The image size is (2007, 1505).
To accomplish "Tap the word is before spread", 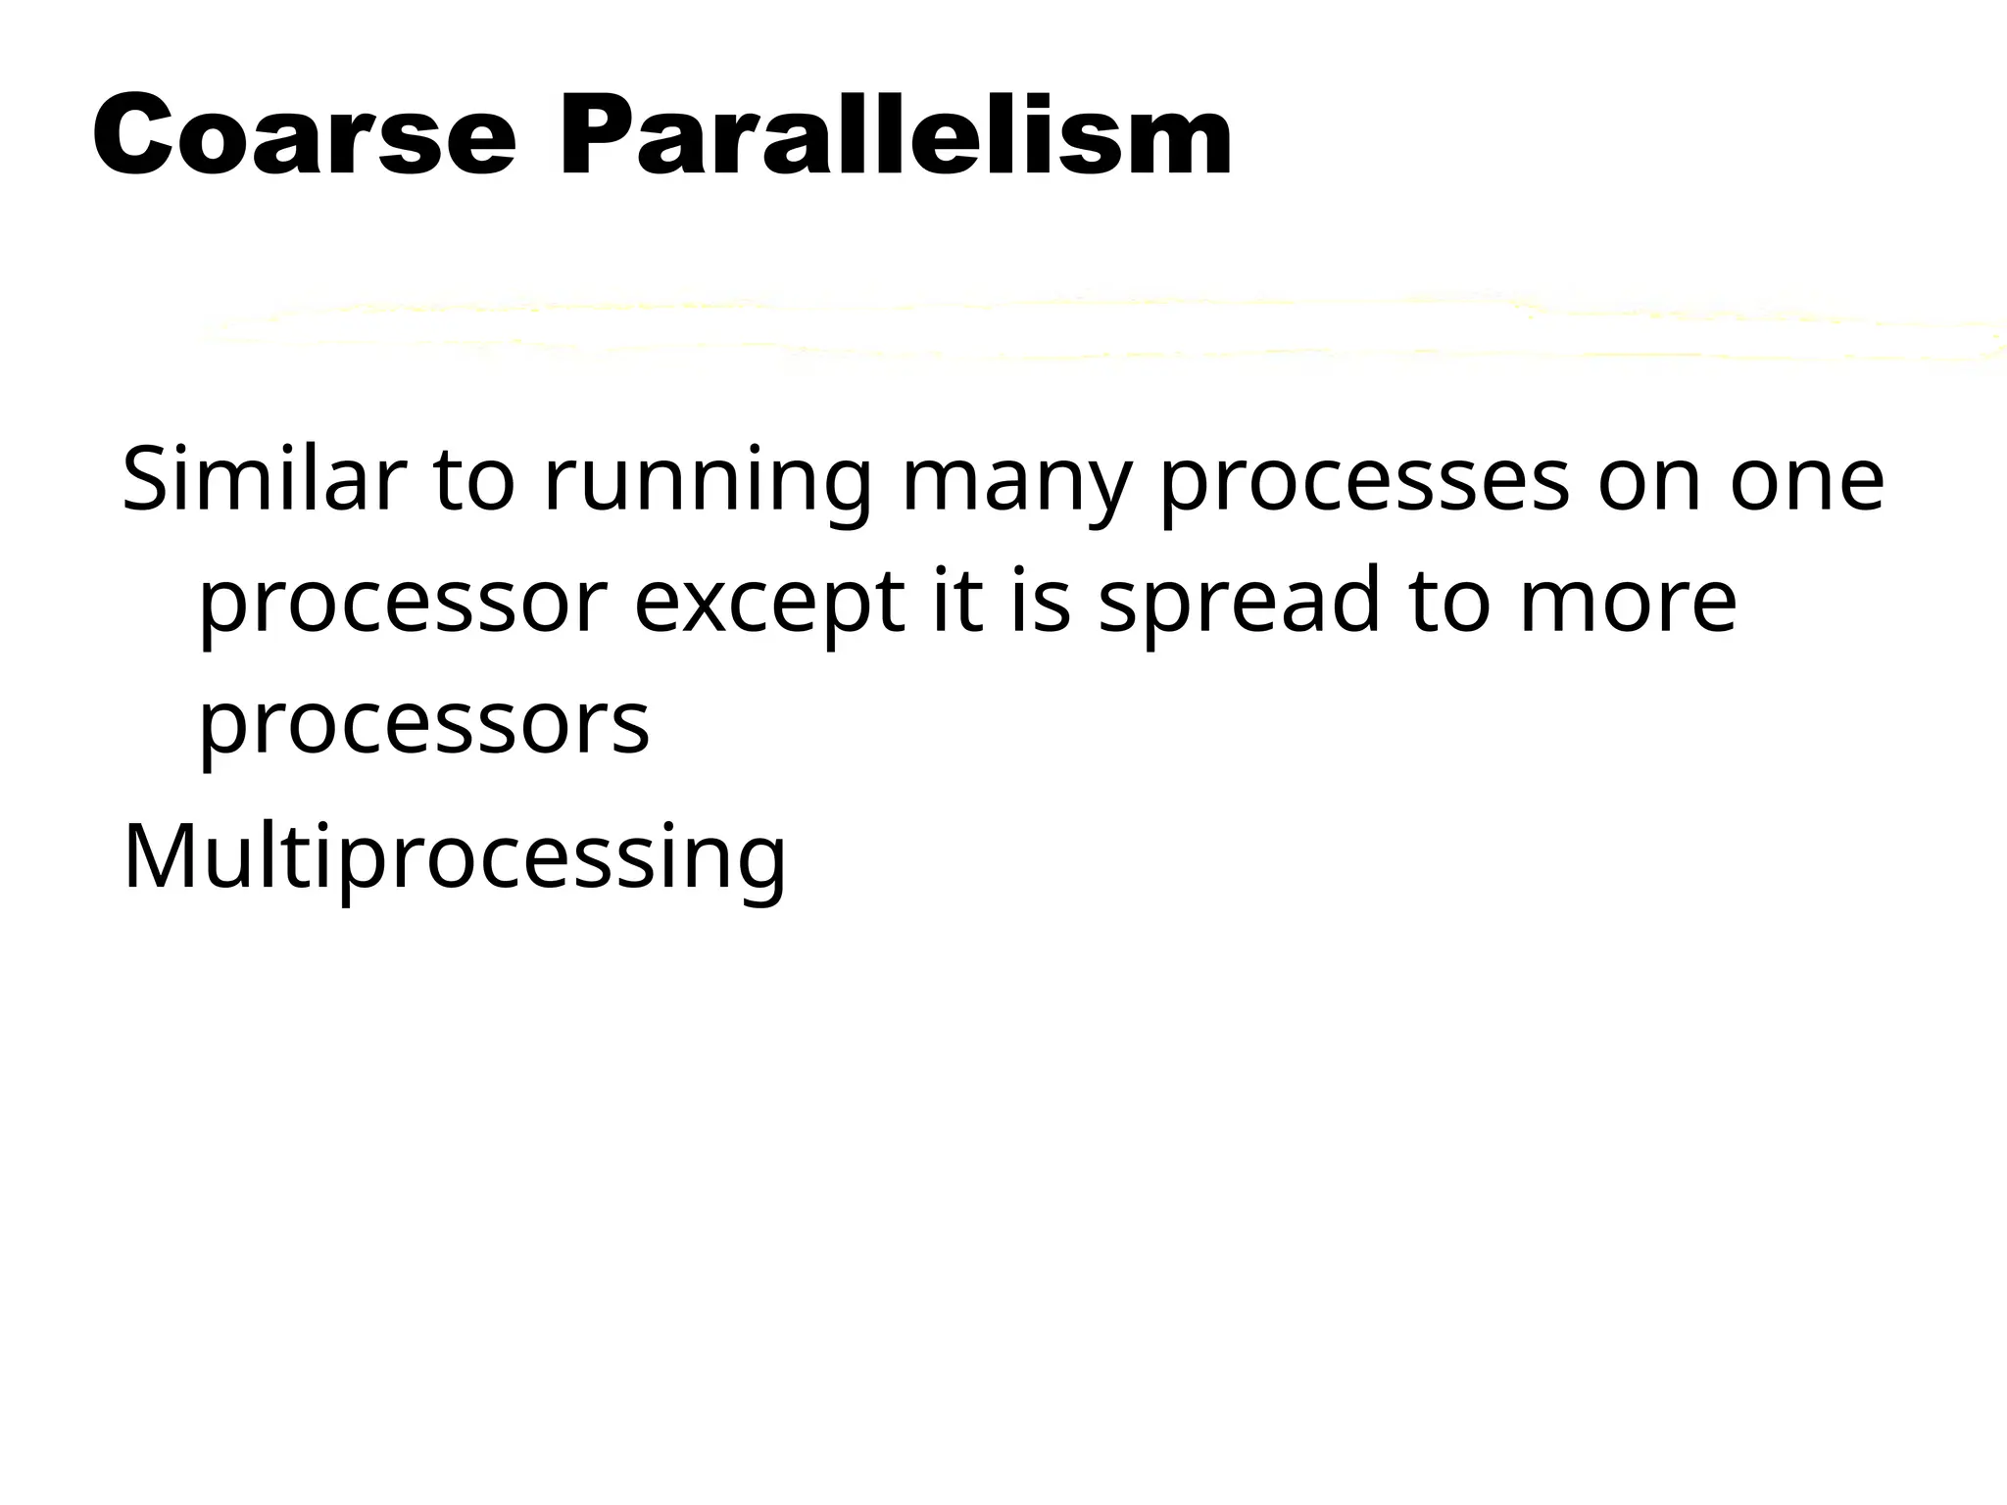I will pyautogui.click(x=1040, y=602).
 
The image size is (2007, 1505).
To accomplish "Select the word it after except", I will pyautogui.click(x=956, y=602).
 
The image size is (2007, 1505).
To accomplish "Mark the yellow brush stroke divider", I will pyautogui.click(x=1098, y=328).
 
